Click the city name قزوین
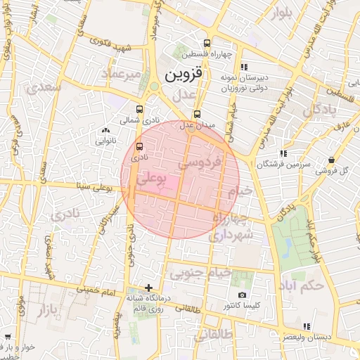click(x=185, y=73)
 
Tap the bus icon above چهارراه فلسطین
click(x=205, y=43)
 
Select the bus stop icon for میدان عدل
click(x=196, y=114)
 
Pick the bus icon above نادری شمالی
click(x=139, y=109)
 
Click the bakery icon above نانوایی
click(x=105, y=130)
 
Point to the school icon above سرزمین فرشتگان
click(x=283, y=153)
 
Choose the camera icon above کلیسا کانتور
click(x=242, y=295)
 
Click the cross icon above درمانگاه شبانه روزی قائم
click(x=148, y=287)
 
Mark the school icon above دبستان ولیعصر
click(x=306, y=326)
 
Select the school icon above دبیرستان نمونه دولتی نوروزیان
click(x=243, y=67)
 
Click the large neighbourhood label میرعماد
click(x=121, y=74)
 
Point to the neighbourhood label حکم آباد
click(x=302, y=285)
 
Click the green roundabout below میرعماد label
click(x=154, y=86)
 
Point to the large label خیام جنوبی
click(x=191, y=273)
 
